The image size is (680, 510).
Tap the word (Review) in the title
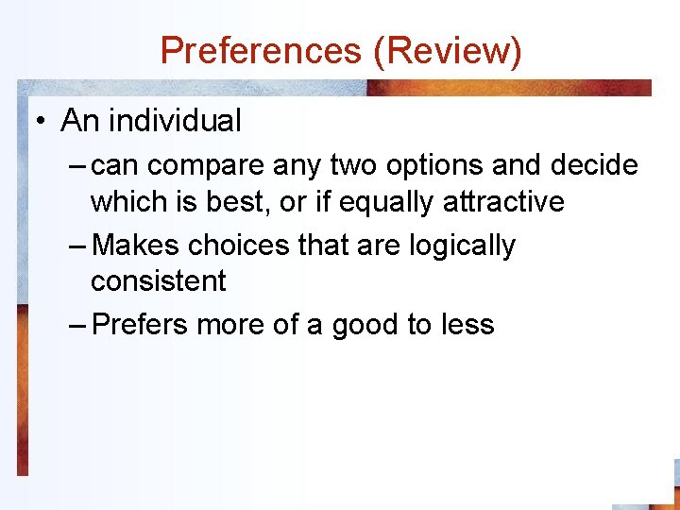click(x=448, y=50)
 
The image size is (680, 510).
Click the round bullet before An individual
click(x=42, y=121)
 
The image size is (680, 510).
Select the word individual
click(x=175, y=121)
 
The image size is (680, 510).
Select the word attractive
click(x=507, y=201)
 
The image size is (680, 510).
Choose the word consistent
click(x=159, y=280)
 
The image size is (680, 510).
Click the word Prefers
click(x=142, y=325)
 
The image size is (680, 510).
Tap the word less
click(x=467, y=325)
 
